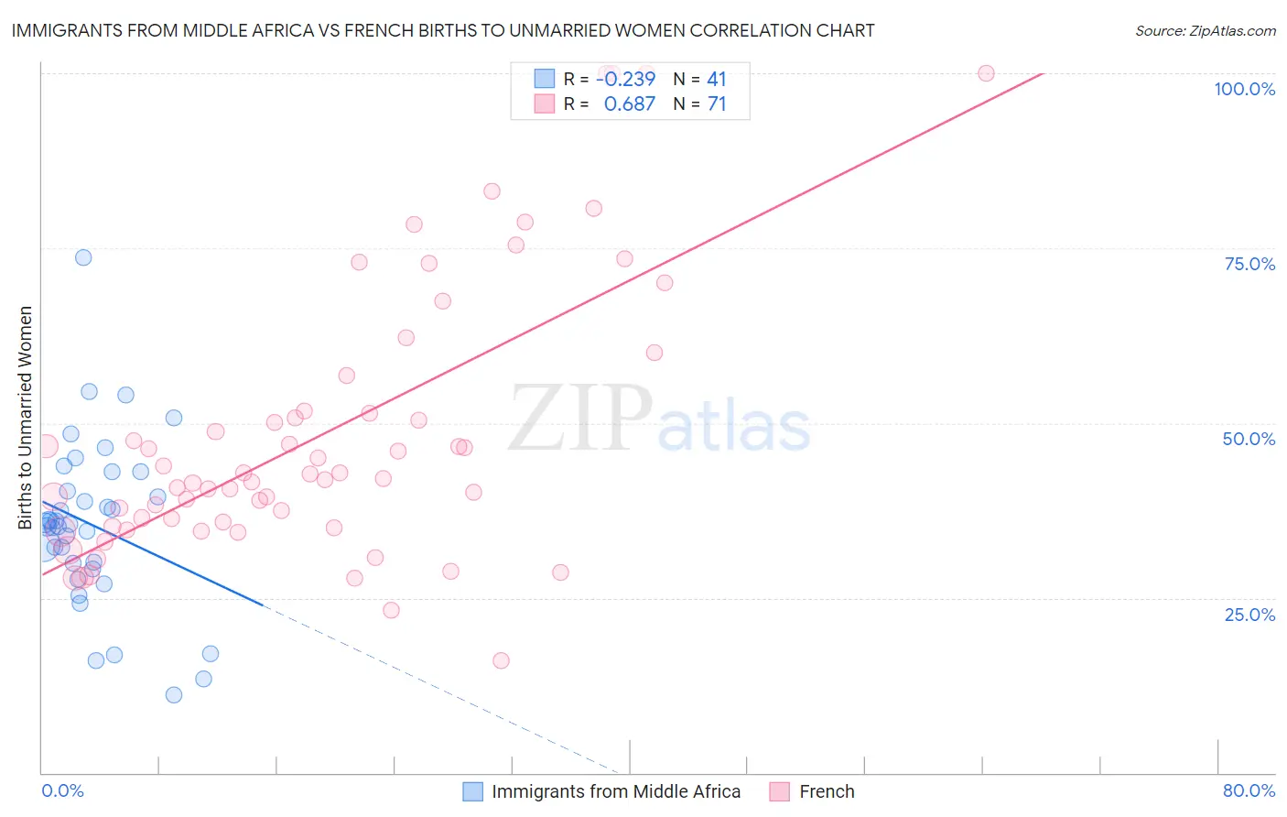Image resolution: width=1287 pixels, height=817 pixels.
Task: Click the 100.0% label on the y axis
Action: click(1244, 89)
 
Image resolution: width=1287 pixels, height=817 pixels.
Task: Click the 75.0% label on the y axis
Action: click(1249, 264)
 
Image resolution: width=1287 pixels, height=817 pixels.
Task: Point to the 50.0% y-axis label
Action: click(1249, 439)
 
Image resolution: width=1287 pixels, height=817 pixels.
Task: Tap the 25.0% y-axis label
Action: click(1249, 614)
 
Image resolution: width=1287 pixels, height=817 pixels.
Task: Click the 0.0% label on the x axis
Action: click(62, 790)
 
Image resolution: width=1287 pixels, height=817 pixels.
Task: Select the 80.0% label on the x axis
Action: click(1249, 790)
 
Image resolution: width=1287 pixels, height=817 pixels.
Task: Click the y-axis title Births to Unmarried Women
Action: click(25, 418)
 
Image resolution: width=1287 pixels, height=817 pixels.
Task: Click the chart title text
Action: click(443, 30)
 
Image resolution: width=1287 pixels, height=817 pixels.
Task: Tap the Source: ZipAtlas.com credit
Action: click(1205, 30)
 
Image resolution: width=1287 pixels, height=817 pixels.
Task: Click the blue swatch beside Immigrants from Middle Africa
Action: click(472, 791)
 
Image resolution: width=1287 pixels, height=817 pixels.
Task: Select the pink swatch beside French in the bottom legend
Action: click(780, 791)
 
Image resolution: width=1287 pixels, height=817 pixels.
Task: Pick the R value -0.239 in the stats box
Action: click(625, 79)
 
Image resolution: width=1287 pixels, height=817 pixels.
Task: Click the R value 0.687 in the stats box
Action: click(629, 104)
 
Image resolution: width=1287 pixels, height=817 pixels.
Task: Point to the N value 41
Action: click(716, 79)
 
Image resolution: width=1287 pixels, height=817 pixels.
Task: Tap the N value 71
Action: click(716, 104)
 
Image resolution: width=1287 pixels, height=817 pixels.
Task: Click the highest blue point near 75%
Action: click(83, 257)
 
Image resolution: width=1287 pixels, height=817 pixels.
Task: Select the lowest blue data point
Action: click(174, 695)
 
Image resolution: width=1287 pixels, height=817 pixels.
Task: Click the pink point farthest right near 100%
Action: click(986, 73)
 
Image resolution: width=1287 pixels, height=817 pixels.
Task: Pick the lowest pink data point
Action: click(501, 660)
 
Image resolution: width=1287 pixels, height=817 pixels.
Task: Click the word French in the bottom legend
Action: click(827, 791)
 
